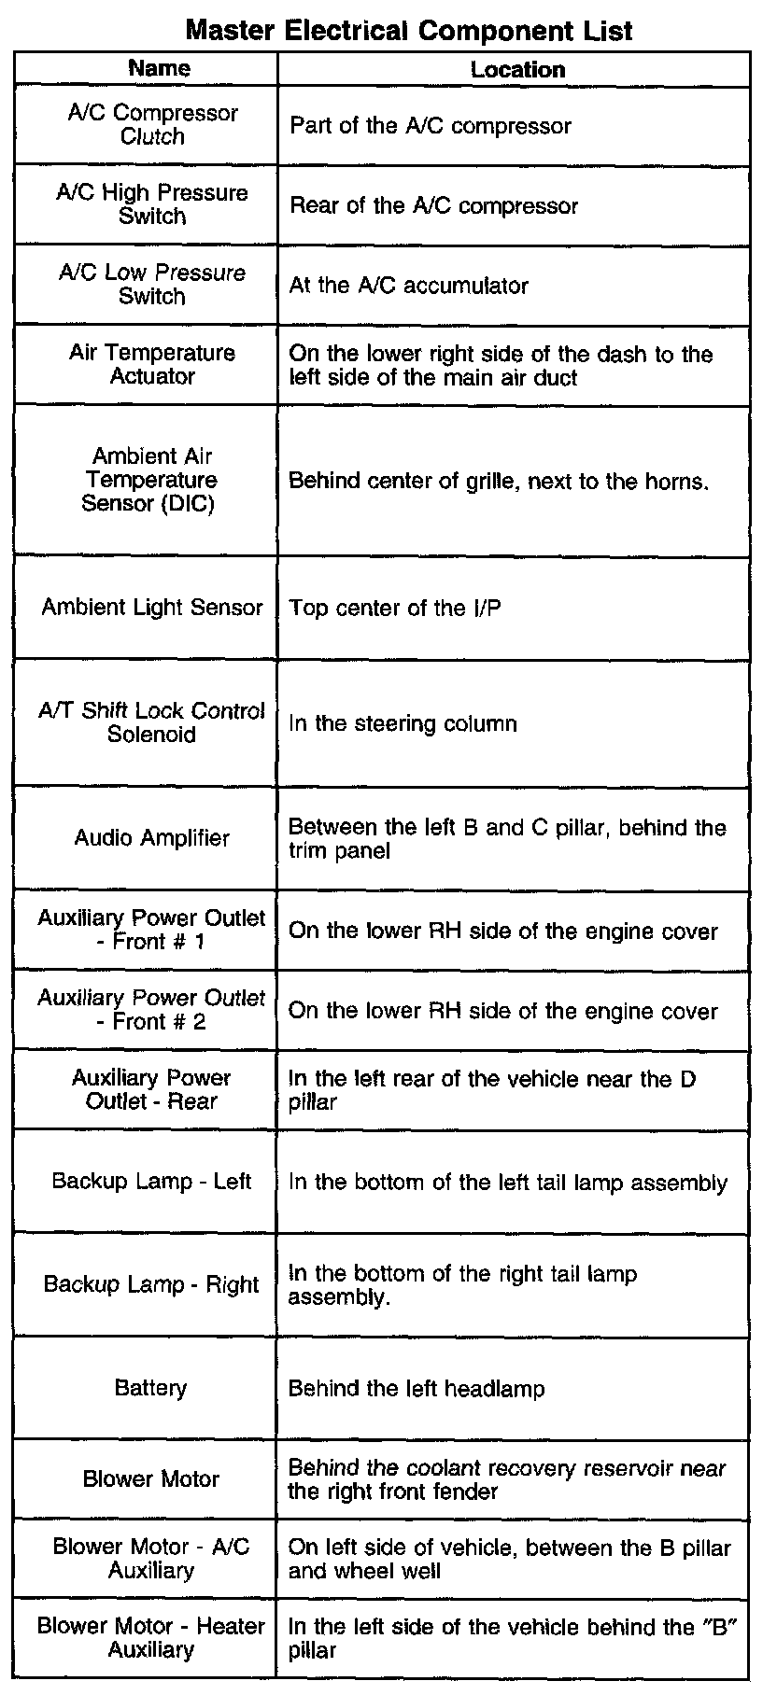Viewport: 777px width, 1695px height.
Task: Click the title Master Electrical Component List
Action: [x=409, y=30]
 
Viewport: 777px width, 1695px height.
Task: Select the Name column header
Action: [x=159, y=68]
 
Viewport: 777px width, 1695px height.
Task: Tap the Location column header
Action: [x=517, y=69]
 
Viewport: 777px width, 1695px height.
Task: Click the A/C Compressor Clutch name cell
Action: [x=153, y=124]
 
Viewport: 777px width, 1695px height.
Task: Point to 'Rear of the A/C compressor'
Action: [x=433, y=205]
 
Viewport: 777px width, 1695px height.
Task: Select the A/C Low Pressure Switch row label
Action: [x=152, y=284]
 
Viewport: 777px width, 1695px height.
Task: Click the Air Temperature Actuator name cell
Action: [x=152, y=364]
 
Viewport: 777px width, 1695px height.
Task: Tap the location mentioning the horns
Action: [x=499, y=482]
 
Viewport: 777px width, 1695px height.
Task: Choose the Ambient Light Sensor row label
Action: [x=152, y=607]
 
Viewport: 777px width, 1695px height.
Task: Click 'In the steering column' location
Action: [x=403, y=723]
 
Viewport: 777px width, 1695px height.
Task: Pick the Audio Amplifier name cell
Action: [x=152, y=837]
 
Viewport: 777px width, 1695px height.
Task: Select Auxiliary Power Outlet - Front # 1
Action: [x=152, y=930]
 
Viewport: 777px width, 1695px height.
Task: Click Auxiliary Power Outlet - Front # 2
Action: [x=152, y=1009]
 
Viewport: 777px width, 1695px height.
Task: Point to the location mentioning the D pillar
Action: [x=491, y=1090]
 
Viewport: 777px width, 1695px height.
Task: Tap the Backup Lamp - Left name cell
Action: [x=152, y=1181]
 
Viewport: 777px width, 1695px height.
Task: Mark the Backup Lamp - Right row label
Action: [x=152, y=1284]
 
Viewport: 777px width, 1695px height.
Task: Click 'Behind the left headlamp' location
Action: [x=417, y=1388]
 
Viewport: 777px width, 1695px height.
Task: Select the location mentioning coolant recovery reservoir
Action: [x=506, y=1479]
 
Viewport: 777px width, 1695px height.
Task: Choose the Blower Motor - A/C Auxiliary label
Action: [x=151, y=1558]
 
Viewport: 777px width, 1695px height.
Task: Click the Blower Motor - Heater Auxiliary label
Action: [x=151, y=1637]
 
